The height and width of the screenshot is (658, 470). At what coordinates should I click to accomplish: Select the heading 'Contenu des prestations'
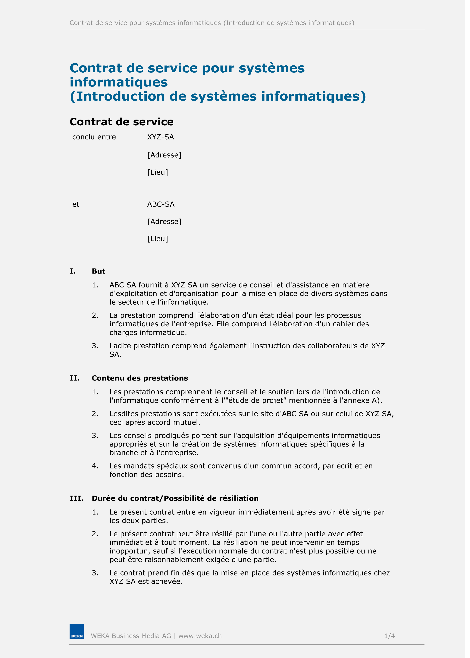(x=140, y=378)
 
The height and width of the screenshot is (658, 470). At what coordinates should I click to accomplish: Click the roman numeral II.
(x=75, y=378)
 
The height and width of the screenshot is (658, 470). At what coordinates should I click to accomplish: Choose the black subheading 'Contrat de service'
(x=122, y=122)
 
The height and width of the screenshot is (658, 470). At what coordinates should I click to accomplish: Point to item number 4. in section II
(x=95, y=466)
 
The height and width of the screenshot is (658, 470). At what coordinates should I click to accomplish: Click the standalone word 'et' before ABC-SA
(x=76, y=204)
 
